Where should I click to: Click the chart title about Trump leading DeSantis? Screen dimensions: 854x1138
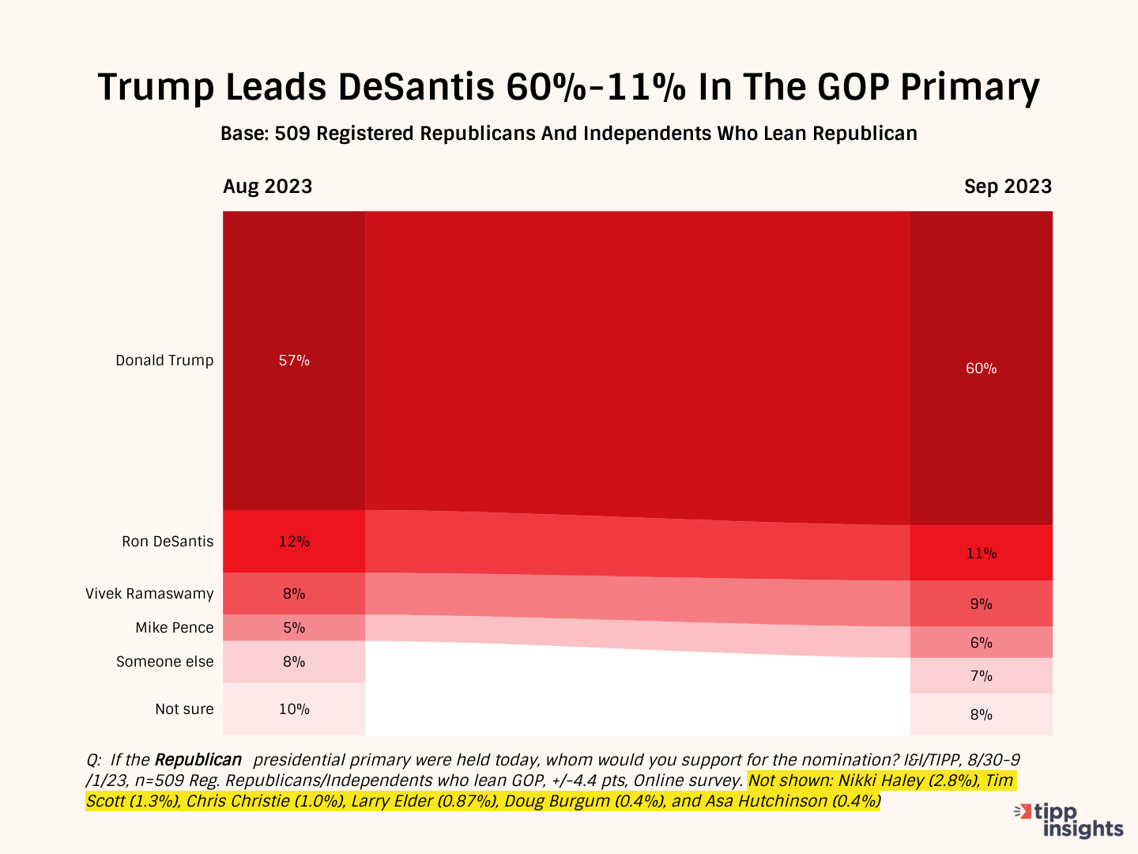tap(568, 87)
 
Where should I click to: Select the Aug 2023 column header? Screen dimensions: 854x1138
tap(267, 187)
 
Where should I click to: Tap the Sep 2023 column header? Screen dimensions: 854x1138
tap(1008, 187)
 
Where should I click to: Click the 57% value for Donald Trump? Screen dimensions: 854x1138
tap(294, 361)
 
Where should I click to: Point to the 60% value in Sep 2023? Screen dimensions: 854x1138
tap(981, 368)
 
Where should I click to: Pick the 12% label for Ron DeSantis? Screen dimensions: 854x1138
tap(294, 542)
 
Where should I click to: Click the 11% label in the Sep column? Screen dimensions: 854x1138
tap(981, 554)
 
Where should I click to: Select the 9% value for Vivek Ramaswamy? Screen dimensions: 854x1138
tap(981, 604)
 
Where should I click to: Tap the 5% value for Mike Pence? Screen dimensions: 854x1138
tap(294, 628)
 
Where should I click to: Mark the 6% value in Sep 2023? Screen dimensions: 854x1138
tap(981, 643)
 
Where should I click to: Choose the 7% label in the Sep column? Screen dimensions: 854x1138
tap(981, 676)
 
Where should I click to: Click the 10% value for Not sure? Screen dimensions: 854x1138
tap(294, 709)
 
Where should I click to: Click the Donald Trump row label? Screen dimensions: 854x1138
tap(164, 361)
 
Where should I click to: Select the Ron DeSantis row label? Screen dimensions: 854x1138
tap(168, 542)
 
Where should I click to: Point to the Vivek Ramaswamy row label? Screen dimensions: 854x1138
tap(149, 594)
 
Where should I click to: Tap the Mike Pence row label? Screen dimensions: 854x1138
tap(174, 628)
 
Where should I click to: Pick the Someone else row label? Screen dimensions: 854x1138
tap(164, 662)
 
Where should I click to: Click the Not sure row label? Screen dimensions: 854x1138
tap(184, 709)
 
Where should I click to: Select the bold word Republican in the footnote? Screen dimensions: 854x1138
tap(198, 760)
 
